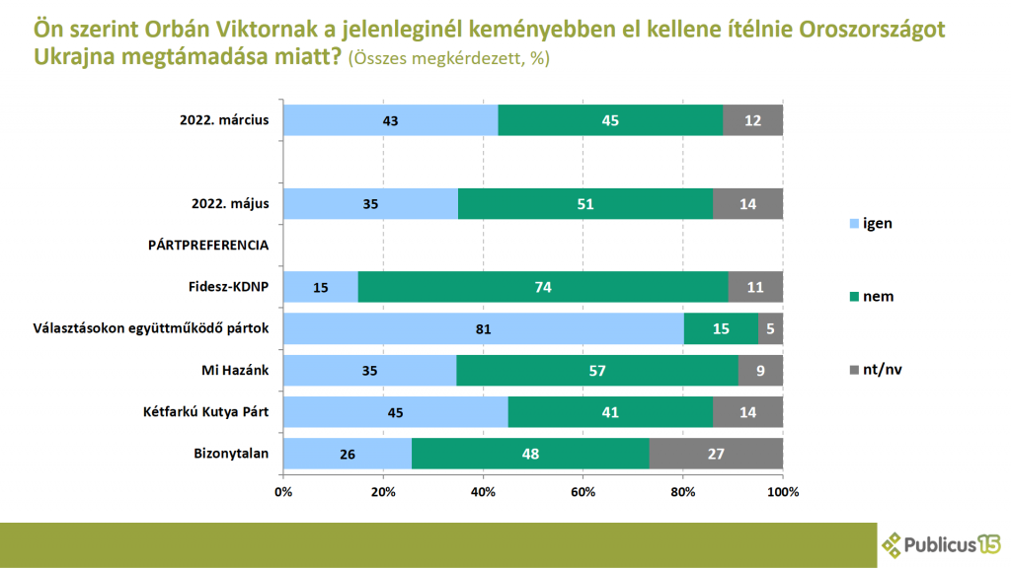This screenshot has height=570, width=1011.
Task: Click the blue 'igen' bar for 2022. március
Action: coord(390,120)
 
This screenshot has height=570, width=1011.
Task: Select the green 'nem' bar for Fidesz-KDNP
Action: coord(544,287)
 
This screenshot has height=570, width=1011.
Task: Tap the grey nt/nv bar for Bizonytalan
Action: coord(716,454)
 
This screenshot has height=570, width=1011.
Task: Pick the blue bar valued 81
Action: coord(483,328)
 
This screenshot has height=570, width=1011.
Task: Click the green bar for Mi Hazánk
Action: coord(597,371)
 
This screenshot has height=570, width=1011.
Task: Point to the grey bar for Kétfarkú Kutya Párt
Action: coord(747,412)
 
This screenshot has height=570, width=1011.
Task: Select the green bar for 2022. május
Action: coord(585,204)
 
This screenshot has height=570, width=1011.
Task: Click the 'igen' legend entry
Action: coord(869,223)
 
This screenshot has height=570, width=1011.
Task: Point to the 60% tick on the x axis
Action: coord(583,490)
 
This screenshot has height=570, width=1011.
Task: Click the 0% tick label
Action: coord(283,490)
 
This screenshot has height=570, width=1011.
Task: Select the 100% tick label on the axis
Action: coord(782,490)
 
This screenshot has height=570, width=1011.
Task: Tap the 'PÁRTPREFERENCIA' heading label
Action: coord(208,246)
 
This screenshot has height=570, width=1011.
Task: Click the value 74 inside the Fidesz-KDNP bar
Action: coord(544,287)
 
